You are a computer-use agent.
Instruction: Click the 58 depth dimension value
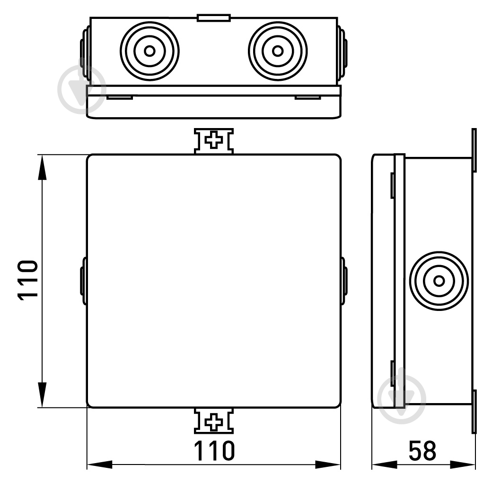pyautogui.click(x=422, y=451)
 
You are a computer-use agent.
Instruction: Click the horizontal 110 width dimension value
pyautogui.click(x=214, y=451)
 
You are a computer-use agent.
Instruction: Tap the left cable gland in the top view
pyautogui.click(x=149, y=51)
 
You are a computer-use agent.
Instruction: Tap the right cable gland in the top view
pyautogui.click(x=278, y=51)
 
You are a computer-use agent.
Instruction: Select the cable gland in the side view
pyautogui.click(x=439, y=281)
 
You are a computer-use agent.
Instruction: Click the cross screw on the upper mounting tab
pyautogui.click(x=214, y=140)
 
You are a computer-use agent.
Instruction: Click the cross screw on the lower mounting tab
pyautogui.click(x=214, y=422)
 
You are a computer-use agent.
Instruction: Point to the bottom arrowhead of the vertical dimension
pyautogui.click(x=42, y=395)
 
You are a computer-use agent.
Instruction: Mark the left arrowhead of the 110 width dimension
pyautogui.click(x=99, y=465)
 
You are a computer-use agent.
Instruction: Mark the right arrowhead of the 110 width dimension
pyautogui.click(x=328, y=465)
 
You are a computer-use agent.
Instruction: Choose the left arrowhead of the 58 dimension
pyautogui.click(x=384, y=465)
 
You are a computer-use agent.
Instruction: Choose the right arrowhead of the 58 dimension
pyautogui.click(x=463, y=465)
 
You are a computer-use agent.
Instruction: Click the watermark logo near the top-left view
pyautogui.click(x=81, y=89)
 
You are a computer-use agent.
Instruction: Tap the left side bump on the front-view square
pyautogui.click(x=83, y=281)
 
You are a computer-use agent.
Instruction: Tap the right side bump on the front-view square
pyautogui.click(x=344, y=281)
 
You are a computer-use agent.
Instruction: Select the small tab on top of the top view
pyautogui.click(x=214, y=17)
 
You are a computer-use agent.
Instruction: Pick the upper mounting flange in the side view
pyautogui.click(x=474, y=150)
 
